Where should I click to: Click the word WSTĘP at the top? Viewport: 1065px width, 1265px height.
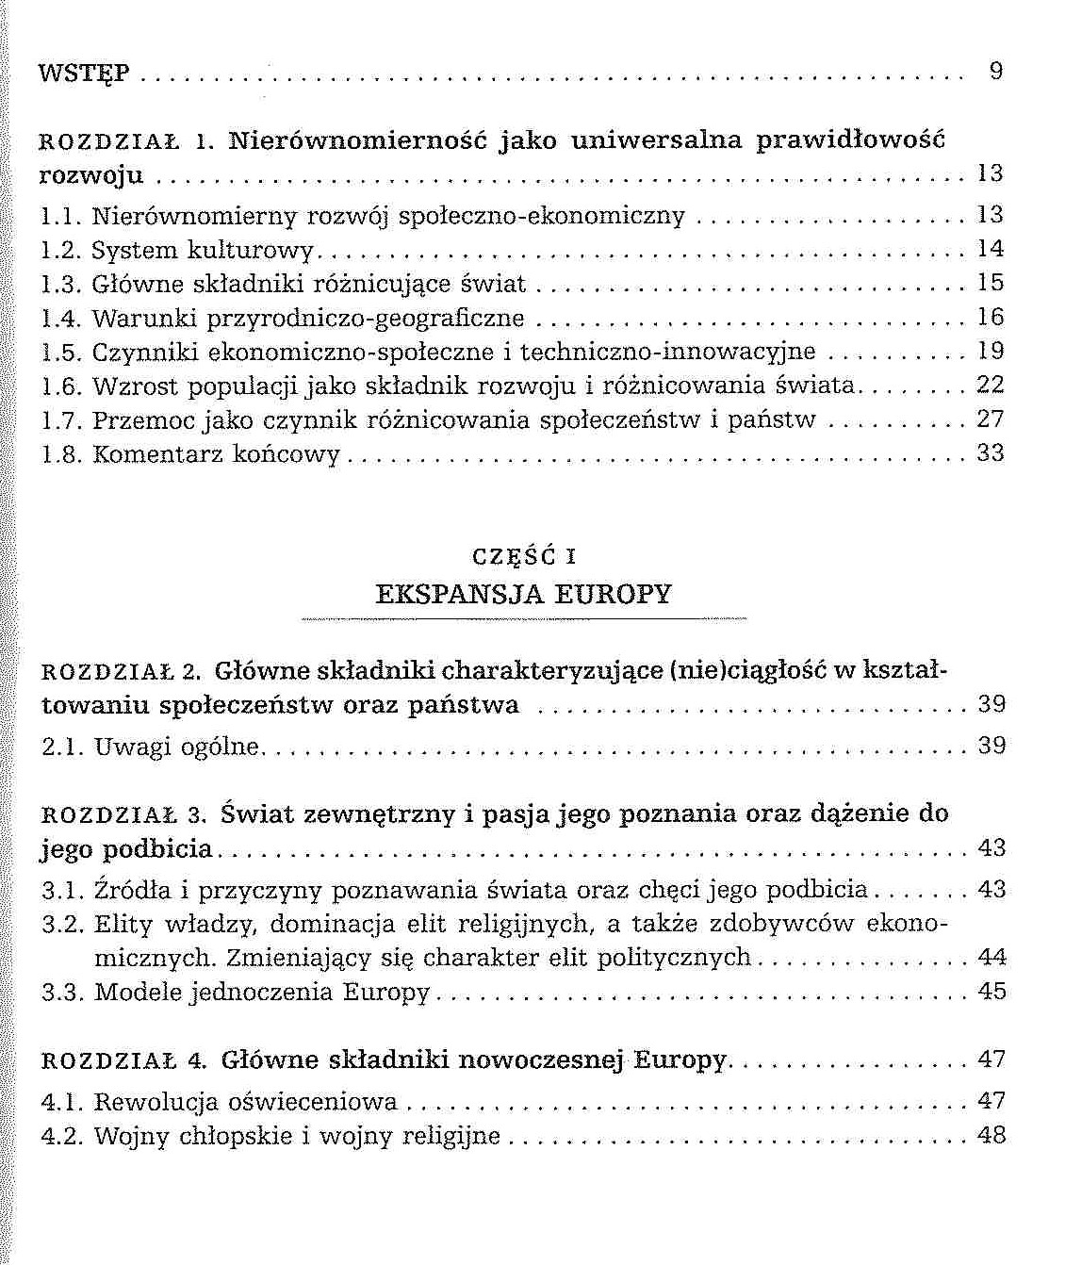(x=84, y=74)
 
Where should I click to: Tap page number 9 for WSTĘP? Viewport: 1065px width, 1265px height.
(x=996, y=71)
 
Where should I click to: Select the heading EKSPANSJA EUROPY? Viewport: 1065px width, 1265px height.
(x=523, y=594)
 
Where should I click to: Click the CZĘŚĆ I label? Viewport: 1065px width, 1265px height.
(x=523, y=556)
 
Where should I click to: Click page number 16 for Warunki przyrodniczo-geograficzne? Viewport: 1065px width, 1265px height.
(x=991, y=317)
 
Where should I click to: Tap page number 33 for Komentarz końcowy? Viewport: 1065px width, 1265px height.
(x=991, y=452)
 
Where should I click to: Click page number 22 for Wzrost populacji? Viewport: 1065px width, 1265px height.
(x=991, y=385)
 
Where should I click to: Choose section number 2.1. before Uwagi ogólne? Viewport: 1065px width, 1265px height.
(x=63, y=747)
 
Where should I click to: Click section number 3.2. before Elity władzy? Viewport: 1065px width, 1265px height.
(x=63, y=925)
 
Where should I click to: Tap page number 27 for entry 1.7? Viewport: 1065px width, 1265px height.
(x=991, y=419)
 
